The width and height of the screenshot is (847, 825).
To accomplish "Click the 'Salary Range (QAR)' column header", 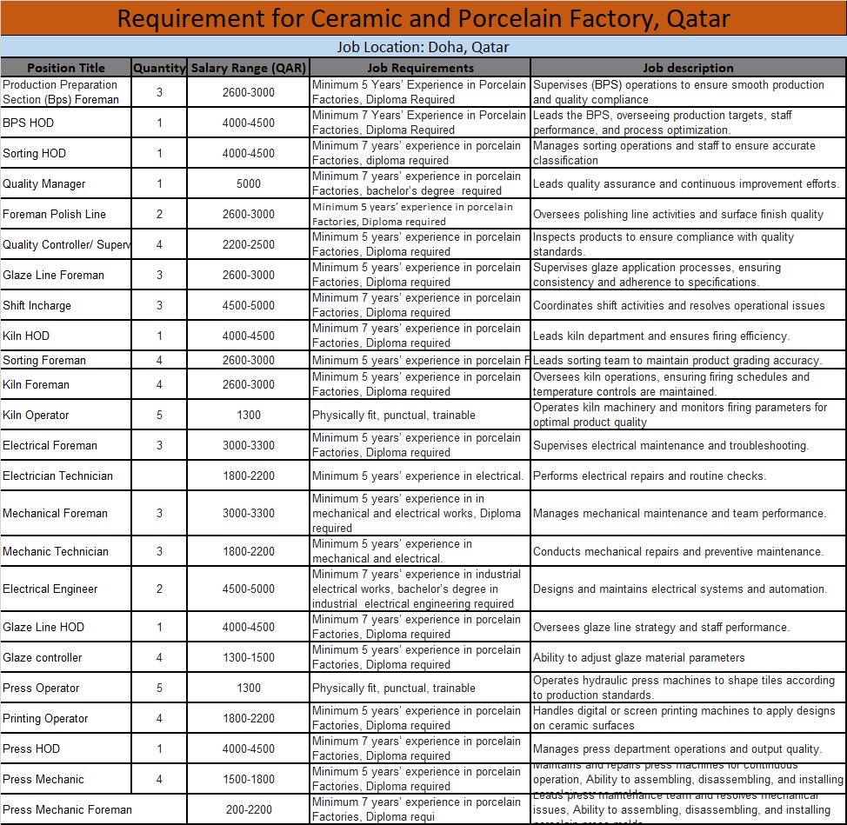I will coord(248,68).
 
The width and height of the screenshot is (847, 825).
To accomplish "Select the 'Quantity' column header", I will coord(159,68).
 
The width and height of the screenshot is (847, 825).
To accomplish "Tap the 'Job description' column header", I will coord(688,68).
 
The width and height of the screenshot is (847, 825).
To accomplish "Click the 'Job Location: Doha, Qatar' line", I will coord(423,47).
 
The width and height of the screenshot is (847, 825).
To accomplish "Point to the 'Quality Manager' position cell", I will coord(44,183).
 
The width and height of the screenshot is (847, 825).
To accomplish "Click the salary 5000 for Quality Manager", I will coord(248,183).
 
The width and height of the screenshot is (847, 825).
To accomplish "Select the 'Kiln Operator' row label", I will coord(36,415).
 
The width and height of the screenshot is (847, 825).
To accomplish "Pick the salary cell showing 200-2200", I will coord(248,809).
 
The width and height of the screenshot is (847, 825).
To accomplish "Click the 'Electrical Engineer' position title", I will coord(50,589).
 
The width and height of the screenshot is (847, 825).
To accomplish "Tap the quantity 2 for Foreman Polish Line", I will coord(159,214).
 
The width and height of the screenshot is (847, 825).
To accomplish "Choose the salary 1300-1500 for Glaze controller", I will coord(248,657).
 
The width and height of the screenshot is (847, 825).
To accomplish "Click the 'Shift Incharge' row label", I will coord(37,305).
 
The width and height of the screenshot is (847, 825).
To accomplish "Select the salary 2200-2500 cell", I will coord(248,244).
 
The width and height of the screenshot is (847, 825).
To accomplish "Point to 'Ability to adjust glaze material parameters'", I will coord(638,657).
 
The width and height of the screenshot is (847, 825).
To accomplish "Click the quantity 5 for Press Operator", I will coord(159,688).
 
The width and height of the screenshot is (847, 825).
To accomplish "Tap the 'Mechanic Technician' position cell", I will coord(56,551).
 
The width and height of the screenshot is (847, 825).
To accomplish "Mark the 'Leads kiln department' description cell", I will coord(661,336).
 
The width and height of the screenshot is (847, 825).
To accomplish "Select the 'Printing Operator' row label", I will coord(45,718).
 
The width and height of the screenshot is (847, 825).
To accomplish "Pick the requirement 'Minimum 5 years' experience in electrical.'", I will coord(417,476).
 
